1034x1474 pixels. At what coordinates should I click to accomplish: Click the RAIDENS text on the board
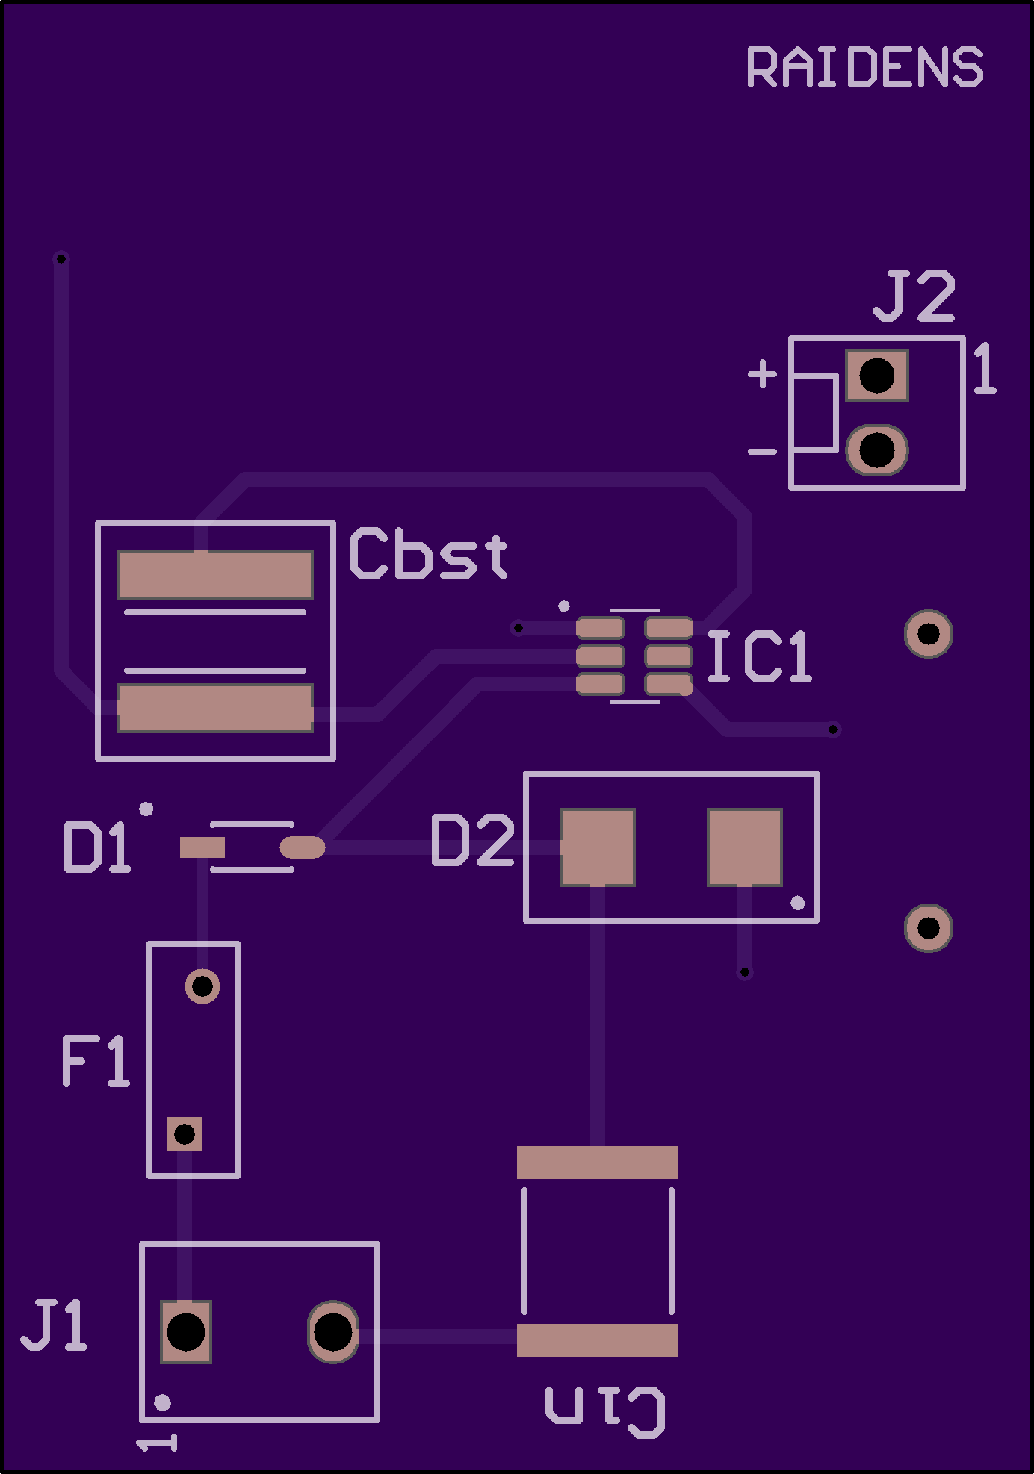864,67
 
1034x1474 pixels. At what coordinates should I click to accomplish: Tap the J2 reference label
914,296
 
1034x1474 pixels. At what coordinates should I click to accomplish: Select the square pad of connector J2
876,376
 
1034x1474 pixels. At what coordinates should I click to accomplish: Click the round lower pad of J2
876,450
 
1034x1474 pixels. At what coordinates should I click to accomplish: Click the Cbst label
429,554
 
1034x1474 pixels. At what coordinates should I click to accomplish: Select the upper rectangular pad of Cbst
215,575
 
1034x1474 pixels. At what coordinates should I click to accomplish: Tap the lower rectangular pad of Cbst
215,708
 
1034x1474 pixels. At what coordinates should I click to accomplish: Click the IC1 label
758,656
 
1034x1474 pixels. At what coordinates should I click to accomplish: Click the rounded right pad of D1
303,848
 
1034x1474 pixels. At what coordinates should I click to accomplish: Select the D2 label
473,841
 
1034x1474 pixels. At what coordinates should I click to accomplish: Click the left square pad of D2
598,848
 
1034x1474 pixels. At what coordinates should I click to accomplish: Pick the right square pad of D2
745,848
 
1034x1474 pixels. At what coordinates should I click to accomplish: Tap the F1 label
95,1061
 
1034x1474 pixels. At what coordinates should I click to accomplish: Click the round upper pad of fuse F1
202,986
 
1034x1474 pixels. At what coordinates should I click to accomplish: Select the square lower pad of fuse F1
185,1134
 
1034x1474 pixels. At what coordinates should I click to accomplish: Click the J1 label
54,1325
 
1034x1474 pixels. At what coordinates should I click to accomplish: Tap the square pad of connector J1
186,1332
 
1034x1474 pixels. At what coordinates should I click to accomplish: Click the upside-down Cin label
605,1411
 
